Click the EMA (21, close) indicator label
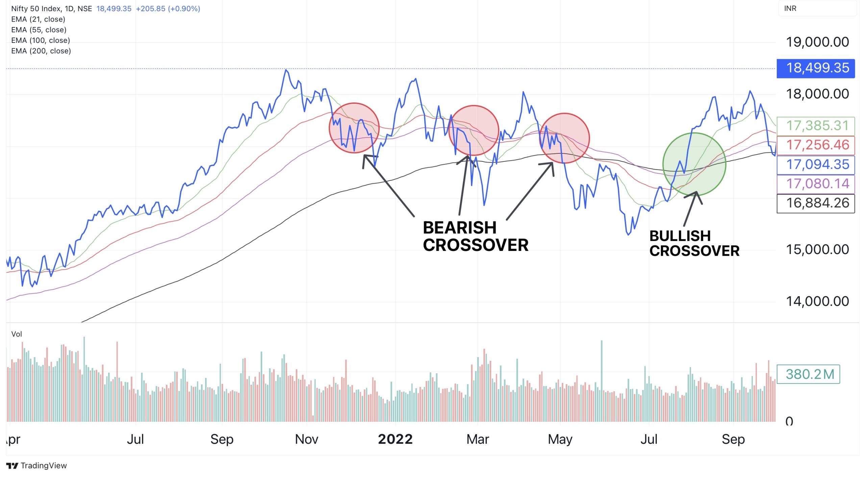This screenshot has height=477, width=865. pos(38,19)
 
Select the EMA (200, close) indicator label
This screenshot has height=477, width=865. pos(41,51)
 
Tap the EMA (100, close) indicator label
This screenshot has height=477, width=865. pos(41,41)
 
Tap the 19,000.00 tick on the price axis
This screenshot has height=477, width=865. pos(817,42)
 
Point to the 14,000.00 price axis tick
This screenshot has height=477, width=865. pos(817,301)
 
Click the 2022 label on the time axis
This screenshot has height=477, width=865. pos(395,439)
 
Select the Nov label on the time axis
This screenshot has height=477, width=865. pos(306,439)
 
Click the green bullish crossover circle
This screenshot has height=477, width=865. pos(694,164)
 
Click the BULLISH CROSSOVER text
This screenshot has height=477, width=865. pos(694,244)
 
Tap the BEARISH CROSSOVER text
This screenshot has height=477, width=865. pos(475,236)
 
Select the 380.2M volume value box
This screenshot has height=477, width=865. pos(808,374)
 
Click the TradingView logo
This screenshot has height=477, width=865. pos(36,466)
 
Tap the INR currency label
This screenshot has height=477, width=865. pos(790,8)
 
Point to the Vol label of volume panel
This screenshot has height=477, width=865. pos(17,334)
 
